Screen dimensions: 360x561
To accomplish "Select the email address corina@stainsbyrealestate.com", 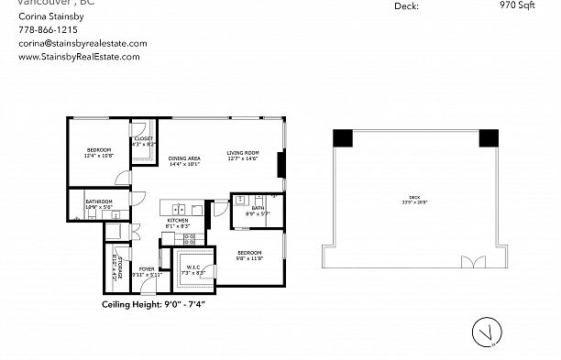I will [x=82, y=43].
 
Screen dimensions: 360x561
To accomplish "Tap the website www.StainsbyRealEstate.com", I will [x=79, y=57].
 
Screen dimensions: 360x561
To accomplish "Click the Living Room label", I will [x=243, y=153].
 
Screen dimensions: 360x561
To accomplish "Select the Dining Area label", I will [x=184, y=159].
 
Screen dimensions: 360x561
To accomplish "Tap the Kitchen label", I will [x=178, y=222].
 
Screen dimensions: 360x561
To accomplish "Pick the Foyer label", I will [x=147, y=269].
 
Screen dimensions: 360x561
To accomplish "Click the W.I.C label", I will [x=193, y=269].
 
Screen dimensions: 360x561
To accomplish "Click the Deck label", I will [x=415, y=200].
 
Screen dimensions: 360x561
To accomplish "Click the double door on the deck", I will [x=474, y=263].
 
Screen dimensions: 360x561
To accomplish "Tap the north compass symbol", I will [x=487, y=333].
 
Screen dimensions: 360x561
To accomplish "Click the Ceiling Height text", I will [x=152, y=304].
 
